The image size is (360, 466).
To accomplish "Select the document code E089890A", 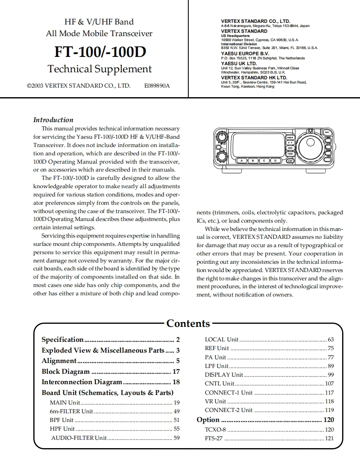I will tap(157, 86).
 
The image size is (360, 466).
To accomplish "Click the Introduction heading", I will tap(53, 120).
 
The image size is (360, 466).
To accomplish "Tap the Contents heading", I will tap(188, 324).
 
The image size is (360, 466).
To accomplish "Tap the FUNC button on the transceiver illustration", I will tap(290, 154).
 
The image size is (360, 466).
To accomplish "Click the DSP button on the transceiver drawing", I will tap(290, 160).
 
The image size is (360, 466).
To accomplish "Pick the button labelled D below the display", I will tap(275, 160).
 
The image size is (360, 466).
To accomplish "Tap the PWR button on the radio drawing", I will tap(327, 132).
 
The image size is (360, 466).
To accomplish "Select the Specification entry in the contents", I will tap(63, 339).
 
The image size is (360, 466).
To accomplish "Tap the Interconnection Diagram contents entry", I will tap(82, 382).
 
